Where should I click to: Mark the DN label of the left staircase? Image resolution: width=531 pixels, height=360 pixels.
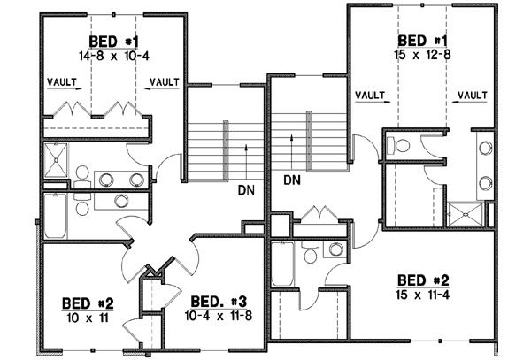[x=246, y=189]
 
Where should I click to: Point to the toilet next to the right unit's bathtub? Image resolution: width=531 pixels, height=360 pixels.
[x=310, y=256]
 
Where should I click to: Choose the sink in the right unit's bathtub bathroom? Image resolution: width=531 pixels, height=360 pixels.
[x=336, y=249]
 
